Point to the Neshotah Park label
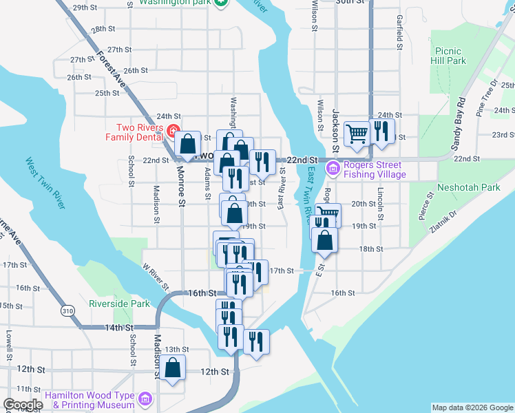[470, 187]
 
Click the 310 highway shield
[67, 311]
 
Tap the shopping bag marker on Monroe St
[187, 143]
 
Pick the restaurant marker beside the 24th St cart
[381, 130]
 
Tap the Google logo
[23, 405]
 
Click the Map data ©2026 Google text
[472, 407]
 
